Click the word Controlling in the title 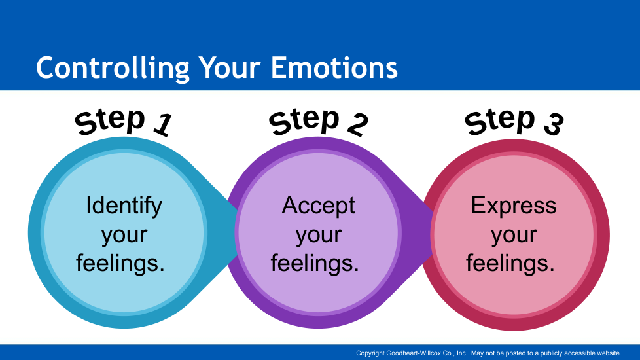click(x=113, y=68)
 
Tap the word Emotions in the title click(x=334, y=67)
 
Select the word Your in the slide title click(x=230, y=67)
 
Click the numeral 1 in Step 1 click(x=163, y=124)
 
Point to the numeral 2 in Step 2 click(x=357, y=125)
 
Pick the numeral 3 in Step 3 click(x=554, y=124)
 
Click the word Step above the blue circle click(x=110, y=121)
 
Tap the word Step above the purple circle click(x=304, y=121)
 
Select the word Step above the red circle click(x=499, y=121)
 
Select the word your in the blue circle click(x=124, y=236)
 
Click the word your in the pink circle click(x=514, y=236)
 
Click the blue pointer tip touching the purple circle click(x=236, y=232)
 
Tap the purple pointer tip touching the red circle click(x=432, y=232)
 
